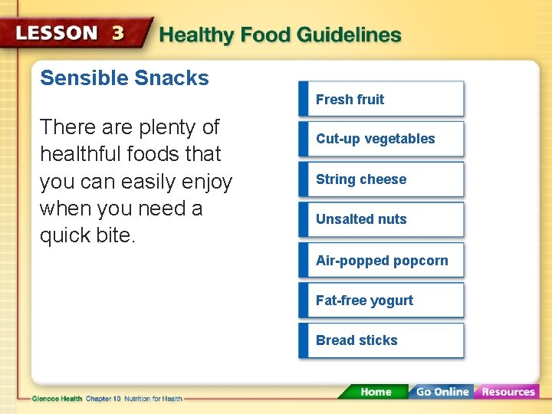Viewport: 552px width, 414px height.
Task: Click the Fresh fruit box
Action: (381, 99)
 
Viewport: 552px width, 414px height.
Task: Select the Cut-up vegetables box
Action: (381, 139)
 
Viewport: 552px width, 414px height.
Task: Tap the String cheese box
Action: (381, 179)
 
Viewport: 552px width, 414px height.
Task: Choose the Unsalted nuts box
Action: (381, 219)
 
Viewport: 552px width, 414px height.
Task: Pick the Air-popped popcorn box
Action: (382, 261)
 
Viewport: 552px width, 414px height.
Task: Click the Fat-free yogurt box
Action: (381, 301)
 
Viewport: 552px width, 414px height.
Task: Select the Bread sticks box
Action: (381, 340)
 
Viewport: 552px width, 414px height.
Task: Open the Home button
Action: (375, 392)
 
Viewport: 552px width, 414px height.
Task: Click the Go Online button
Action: (441, 392)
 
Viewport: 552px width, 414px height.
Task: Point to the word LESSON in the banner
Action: (57, 34)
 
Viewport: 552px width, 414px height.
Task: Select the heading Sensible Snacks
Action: (124, 78)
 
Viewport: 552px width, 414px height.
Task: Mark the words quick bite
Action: (87, 235)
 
